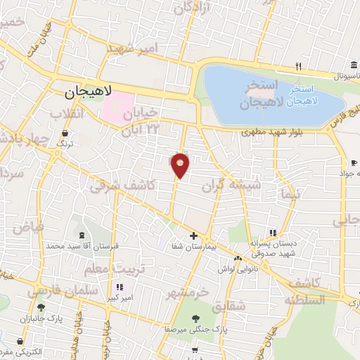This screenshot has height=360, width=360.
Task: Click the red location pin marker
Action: coord(180,165)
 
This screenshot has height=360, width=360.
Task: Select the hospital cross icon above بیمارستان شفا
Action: coord(193,236)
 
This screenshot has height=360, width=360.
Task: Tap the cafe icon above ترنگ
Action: coord(65,132)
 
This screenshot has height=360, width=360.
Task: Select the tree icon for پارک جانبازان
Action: coord(41,307)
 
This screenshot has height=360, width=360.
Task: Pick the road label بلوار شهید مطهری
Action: coord(271,131)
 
